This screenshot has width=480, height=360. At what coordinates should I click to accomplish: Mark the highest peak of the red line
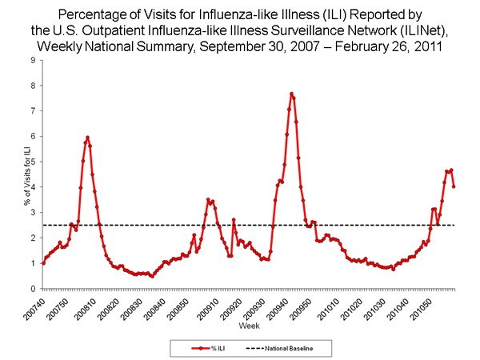pos(291,94)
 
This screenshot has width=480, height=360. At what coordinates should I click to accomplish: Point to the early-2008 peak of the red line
pos(87,138)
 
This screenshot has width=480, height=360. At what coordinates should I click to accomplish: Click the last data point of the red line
pos(454,186)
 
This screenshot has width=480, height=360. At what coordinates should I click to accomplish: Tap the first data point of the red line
pos(42,263)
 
